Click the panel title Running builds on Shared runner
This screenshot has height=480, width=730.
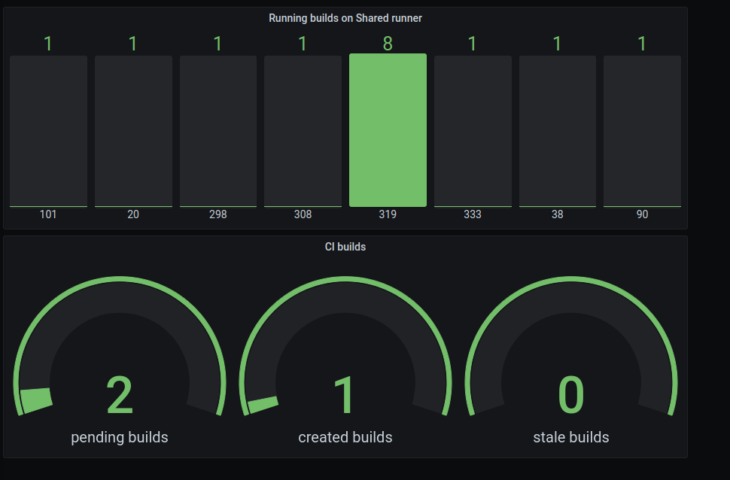[345, 18]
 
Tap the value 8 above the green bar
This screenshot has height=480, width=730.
[388, 44]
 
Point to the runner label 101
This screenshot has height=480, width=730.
[48, 214]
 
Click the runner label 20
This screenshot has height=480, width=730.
[133, 214]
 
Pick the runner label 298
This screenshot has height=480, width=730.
[218, 214]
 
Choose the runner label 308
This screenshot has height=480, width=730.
[303, 214]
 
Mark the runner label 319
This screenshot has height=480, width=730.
[388, 214]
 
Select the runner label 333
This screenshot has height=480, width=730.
[473, 214]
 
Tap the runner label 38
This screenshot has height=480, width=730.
[557, 214]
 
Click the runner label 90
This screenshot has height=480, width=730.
[642, 214]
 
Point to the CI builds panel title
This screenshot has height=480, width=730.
[345, 247]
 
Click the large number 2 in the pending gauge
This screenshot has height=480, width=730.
[120, 395]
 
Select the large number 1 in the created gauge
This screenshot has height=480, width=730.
[345, 395]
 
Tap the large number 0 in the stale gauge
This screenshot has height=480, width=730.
[571, 395]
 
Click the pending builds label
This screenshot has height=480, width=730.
[120, 437]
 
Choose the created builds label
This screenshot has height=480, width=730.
[345, 437]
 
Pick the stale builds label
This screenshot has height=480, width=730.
[571, 437]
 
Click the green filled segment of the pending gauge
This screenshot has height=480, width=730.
[36, 399]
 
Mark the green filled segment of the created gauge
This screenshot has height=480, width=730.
[263, 406]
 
